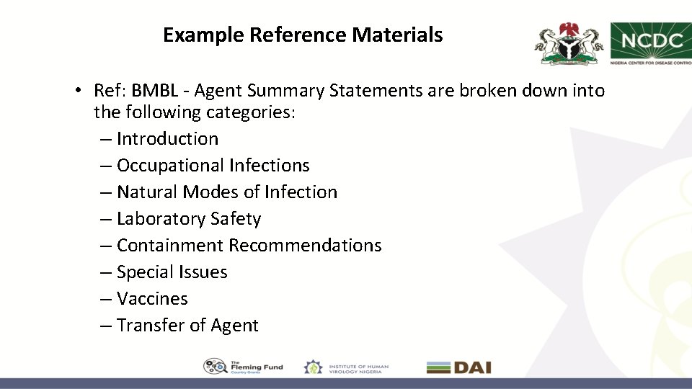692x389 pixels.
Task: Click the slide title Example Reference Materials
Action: click(303, 35)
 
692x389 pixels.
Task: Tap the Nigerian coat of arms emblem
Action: click(568, 44)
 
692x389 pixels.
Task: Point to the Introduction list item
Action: click(167, 139)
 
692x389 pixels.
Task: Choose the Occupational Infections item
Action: click(213, 166)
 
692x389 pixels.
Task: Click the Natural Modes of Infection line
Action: click(226, 192)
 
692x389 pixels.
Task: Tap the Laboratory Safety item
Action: click(188, 219)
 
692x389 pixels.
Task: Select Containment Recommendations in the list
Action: click(249, 246)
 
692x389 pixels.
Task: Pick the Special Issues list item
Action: click(172, 272)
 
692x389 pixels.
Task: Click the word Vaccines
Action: click(152, 299)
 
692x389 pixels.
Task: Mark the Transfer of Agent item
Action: click(187, 326)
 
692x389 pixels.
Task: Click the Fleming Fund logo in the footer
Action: click(243, 367)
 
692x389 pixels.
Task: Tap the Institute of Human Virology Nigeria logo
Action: click(346, 367)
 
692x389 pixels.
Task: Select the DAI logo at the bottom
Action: click(458, 367)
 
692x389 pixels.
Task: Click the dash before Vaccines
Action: click(105, 299)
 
